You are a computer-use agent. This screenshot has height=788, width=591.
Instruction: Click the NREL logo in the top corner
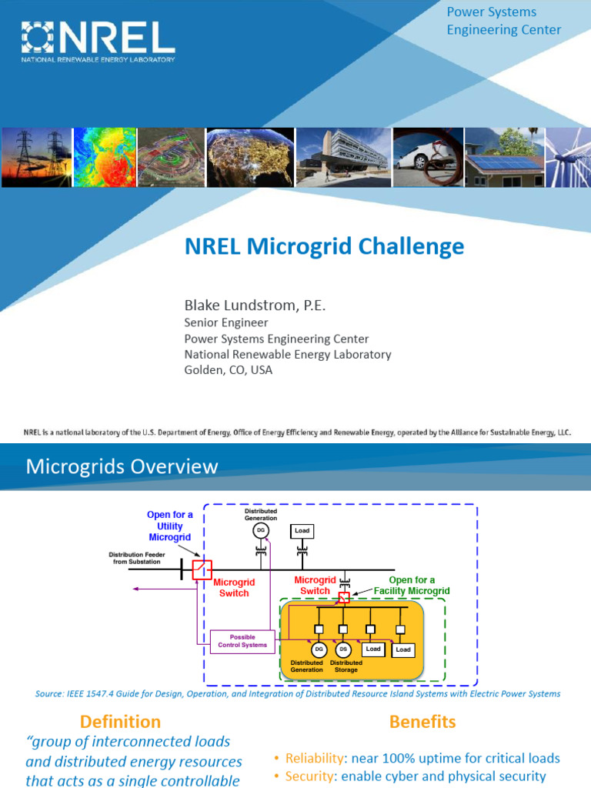[98, 42]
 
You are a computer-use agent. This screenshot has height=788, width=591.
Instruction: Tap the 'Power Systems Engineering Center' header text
[504, 21]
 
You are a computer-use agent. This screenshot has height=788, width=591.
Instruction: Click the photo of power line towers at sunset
[36, 158]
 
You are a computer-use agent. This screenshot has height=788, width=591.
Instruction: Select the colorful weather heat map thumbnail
[105, 158]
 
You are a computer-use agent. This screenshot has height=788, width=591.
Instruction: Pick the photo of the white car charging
[426, 158]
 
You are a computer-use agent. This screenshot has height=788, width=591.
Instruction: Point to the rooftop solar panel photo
[503, 158]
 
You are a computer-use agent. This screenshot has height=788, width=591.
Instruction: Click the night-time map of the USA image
[250, 158]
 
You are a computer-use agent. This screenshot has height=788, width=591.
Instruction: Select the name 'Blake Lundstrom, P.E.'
[255, 306]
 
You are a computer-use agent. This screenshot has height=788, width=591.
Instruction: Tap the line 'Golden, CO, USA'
[228, 369]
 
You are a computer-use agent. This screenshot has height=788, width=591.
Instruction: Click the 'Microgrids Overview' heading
[122, 466]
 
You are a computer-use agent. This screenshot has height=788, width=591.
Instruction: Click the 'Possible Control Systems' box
[242, 641]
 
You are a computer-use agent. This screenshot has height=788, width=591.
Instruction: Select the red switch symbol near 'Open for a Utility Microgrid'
[202, 570]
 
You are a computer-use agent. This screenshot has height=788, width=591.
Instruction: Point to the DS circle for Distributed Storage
[343, 650]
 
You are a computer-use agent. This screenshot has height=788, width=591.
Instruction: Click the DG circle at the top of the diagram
[261, 530]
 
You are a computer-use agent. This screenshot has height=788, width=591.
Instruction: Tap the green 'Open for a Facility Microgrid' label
[419, 585]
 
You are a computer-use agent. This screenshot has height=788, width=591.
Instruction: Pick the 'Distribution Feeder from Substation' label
[135, 557]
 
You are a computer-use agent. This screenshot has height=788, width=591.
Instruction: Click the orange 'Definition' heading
[121, 721]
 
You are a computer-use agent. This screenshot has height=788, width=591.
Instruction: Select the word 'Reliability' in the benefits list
[309, 758]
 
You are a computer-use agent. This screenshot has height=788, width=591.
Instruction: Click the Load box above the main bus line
[302, 531]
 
